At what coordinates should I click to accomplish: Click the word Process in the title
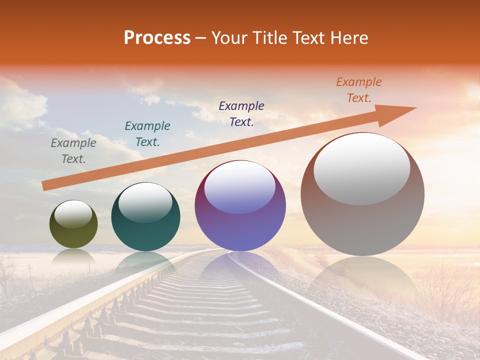click(157, 38)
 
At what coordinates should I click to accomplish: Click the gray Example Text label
click(73, 151)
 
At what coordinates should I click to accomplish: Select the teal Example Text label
click(147, 134)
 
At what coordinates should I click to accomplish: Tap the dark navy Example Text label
click(241, 114)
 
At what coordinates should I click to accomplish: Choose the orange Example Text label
click(359, 90)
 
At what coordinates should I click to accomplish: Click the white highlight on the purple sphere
click(240, 187)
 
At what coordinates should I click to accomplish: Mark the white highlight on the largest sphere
click(362, 169)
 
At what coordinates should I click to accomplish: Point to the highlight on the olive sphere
click(73, 214)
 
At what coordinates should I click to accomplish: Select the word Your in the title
click(230, 38)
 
